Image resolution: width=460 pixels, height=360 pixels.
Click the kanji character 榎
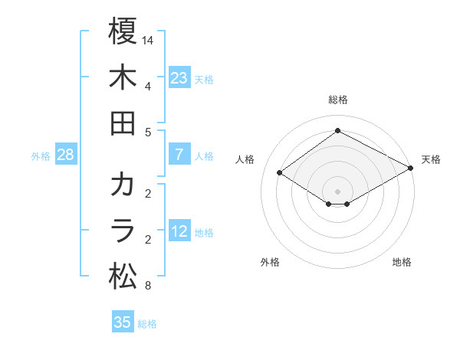point(123,32)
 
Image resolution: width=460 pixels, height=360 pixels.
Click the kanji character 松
point(123,277)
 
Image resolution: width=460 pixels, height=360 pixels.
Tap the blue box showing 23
point(179,78)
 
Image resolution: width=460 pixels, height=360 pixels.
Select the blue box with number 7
point(179,155)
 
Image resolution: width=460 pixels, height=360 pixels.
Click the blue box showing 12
point(179,231)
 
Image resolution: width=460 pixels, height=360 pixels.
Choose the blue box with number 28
point(65,155)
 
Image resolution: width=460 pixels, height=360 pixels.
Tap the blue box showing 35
point(123,322)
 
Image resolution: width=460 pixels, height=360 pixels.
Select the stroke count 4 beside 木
point(148,85)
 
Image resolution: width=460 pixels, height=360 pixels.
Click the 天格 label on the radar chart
point(431,159)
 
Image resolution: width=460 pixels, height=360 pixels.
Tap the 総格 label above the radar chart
point(337,100)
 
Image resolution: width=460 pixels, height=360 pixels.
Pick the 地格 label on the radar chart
point(402,262)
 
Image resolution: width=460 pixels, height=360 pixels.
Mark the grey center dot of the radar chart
point(337,190)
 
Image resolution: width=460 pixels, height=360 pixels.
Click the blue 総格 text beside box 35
point(148,323)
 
